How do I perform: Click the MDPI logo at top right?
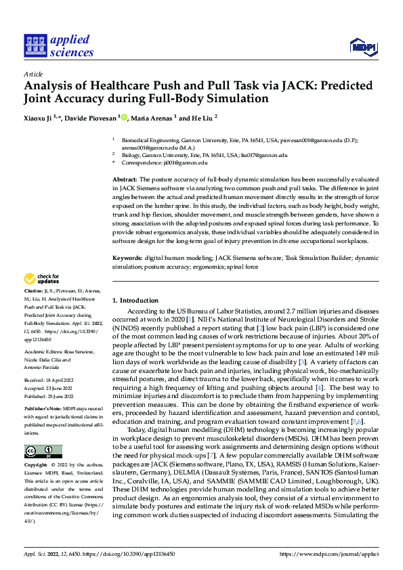362,46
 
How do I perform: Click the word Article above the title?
33,74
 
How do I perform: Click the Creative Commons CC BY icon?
43,432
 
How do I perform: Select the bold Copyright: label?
36,447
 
